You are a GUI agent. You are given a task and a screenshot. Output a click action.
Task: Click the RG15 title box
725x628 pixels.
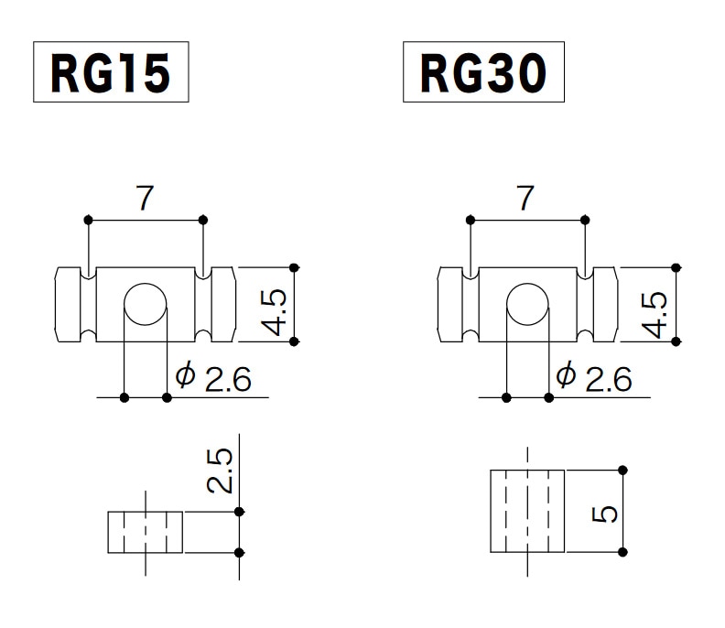point(111,72)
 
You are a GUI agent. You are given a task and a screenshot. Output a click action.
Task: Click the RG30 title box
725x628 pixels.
point(483,72)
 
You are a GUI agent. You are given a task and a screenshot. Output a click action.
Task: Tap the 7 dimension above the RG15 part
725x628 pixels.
point(145,199)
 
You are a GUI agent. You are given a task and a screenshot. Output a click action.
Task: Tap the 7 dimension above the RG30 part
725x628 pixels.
point(525,199)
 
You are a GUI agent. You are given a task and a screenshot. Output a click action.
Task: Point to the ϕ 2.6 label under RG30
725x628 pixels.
point(593,377)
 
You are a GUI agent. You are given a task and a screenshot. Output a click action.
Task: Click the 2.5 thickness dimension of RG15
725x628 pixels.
point(220,471)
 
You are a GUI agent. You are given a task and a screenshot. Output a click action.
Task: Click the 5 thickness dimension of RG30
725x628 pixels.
point(604,512)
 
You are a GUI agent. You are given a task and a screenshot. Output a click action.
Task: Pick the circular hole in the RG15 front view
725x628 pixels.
point(146,305)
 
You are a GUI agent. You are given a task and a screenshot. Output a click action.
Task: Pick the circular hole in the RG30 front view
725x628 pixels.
point(527,305)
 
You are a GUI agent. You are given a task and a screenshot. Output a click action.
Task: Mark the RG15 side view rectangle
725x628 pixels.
point(146,533)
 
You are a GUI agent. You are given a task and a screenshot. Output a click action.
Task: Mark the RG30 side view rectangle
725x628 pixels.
point(527,511)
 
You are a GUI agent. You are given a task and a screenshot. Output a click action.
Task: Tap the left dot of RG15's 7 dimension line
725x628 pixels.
point(88,220)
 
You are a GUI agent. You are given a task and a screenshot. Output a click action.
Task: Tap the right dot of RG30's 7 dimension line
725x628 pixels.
point(585,220)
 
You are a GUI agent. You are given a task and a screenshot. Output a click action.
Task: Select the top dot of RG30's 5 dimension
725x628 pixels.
point(622,471)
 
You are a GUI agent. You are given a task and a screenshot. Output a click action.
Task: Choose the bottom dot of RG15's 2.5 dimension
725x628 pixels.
point(240,553)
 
